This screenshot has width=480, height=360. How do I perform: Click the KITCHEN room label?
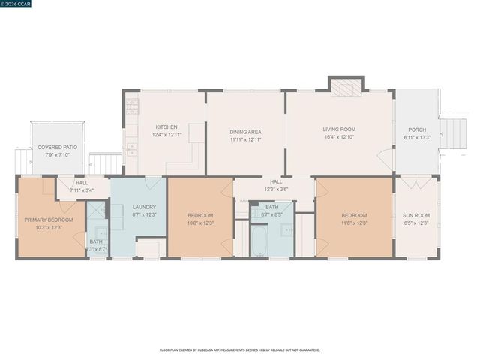[166, 127]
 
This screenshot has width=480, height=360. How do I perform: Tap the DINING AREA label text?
[246, 132]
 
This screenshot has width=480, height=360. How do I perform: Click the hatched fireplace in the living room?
[346, 88]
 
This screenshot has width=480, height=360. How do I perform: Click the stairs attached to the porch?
[454, 131]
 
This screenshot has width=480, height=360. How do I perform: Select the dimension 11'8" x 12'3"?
[353, 223]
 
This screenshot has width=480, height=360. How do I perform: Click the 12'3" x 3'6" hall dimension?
[275, 189]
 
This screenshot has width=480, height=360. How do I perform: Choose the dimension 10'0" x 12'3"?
[200, 223]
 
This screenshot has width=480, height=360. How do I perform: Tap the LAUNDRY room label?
[144, 207]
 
